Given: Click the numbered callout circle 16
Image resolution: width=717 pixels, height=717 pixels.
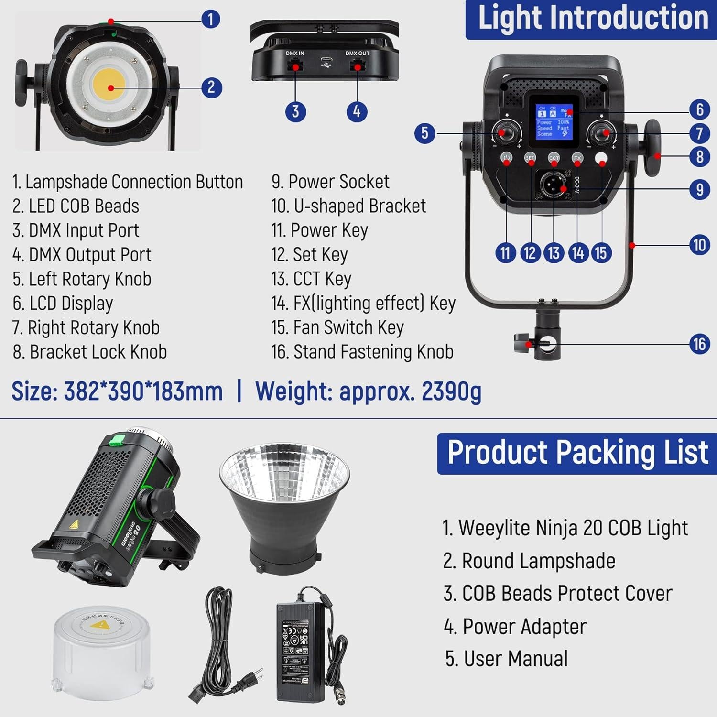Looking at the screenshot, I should point(699,344).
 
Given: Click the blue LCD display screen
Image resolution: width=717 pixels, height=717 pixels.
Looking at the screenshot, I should point(554,121).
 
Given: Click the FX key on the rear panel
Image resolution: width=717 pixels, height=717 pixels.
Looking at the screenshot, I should point(577,158).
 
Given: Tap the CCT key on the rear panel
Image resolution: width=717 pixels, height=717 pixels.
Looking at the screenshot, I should point(554,158).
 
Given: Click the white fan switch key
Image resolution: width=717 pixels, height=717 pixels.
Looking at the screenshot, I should point(601,159).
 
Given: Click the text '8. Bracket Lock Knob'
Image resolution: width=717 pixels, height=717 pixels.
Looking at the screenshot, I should point(90,352).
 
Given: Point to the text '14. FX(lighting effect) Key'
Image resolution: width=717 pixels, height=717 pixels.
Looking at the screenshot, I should point(363,303).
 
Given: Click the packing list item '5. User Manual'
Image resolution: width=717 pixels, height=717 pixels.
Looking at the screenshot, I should point(506,659).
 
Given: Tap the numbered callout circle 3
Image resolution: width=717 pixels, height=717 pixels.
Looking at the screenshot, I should point(295,111).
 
